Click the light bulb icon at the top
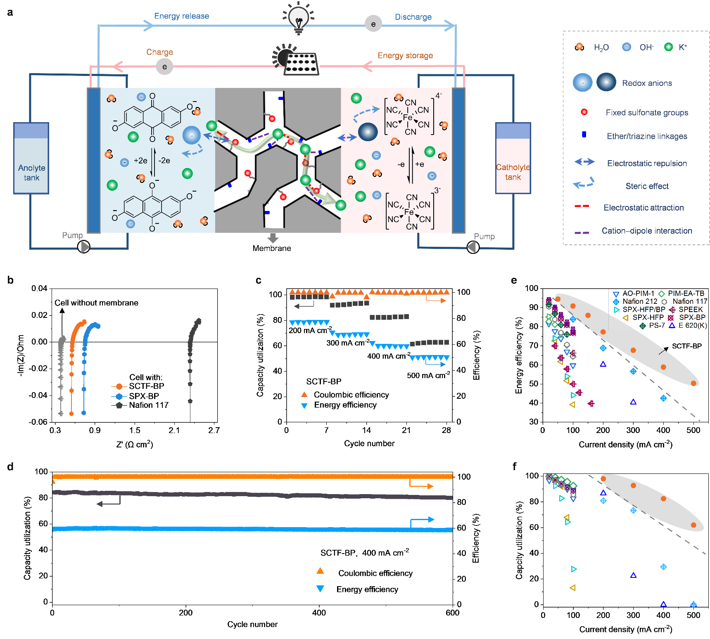click(298, 17)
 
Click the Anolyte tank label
click(31, 173)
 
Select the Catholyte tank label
click(513, 172)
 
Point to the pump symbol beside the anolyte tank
click(84, 246)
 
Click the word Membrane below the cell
click(272, 248)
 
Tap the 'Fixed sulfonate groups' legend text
click(647, 113)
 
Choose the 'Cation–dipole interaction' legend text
click(647, 231)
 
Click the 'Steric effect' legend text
click(647, 186)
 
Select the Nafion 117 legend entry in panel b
click(149, 405)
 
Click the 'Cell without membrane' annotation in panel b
click(96, 303)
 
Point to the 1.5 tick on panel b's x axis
click(135, 430)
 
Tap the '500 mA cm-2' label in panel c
click(428, 375)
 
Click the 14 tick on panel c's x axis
click(366, 430)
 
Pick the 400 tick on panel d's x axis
click(319, 613)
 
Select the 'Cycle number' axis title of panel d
click(252, 624)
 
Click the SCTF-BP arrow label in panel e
click(686, 346)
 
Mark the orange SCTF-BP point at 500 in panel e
click(693, 383)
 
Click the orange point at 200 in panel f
click(603, 479)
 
